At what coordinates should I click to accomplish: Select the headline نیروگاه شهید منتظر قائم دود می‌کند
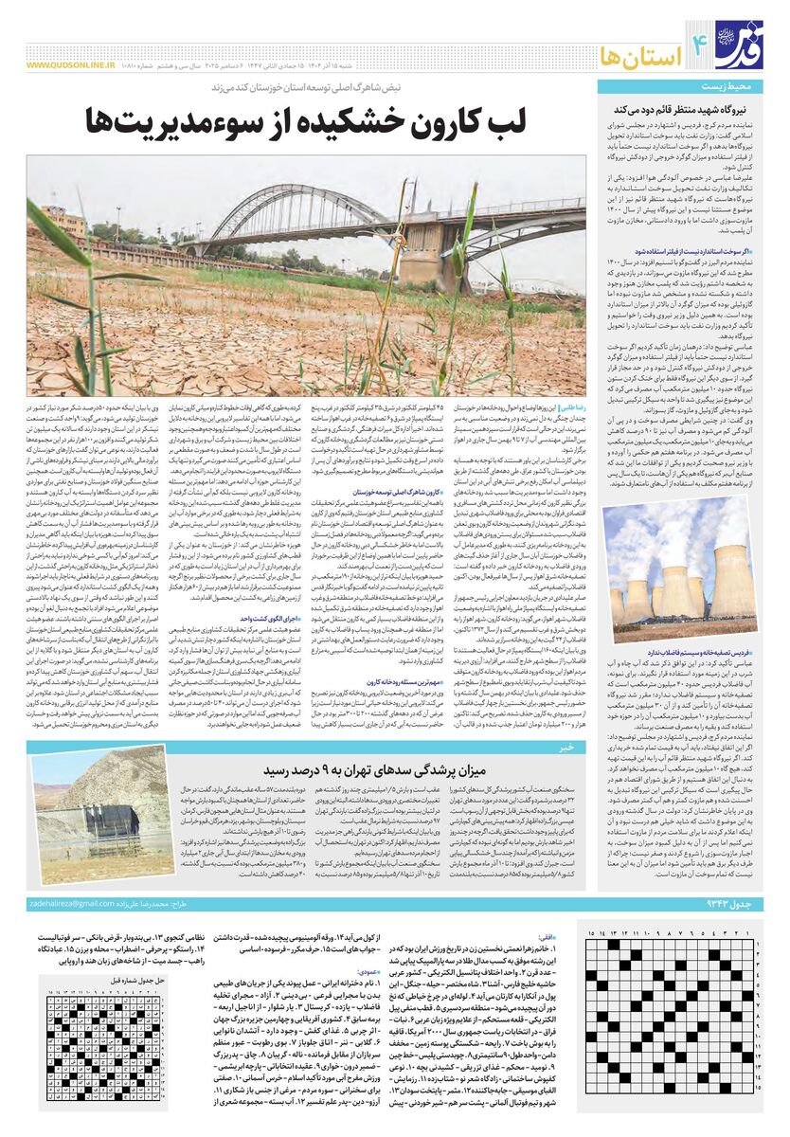point(691,111)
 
